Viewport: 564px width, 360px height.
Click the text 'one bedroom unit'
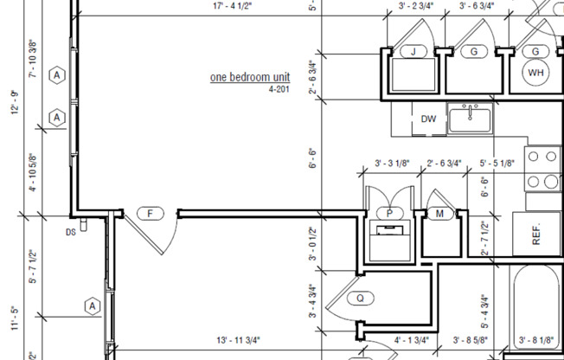point(250,77)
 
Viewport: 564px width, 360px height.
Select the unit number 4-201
point(279,89)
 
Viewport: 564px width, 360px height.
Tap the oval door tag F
point(151,213)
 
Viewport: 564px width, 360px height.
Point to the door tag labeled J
point(413,52)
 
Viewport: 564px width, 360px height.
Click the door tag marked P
point(389,213)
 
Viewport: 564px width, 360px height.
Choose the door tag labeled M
point(439,213)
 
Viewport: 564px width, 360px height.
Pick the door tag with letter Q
point(360,298)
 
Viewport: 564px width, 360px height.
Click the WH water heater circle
point(535,72)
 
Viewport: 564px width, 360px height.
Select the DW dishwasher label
point(428,119)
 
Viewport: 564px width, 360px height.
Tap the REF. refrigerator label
point(535,235)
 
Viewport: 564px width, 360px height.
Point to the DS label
point(71,232)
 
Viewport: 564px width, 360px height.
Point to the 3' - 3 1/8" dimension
point(394,163)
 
